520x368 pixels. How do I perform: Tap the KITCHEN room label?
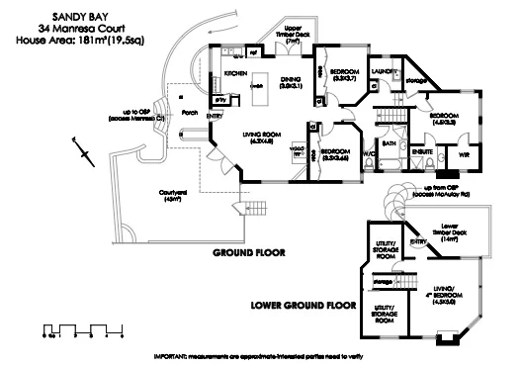click(x=235, y=74)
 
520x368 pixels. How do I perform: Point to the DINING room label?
click(x=291, y=82)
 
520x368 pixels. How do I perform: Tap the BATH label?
click(x=389, y=142)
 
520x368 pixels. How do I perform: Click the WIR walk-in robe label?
click(x=462, y=155)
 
